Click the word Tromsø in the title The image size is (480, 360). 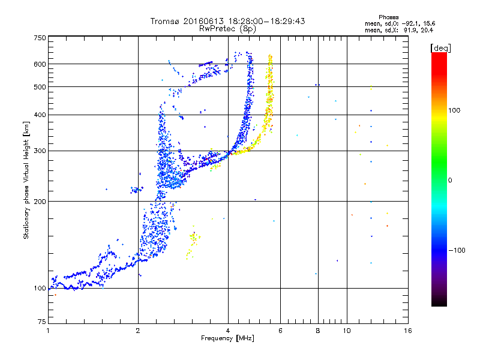coord(165,21)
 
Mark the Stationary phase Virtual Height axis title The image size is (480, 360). coord(26,180)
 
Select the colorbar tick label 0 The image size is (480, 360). coord(450,180)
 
